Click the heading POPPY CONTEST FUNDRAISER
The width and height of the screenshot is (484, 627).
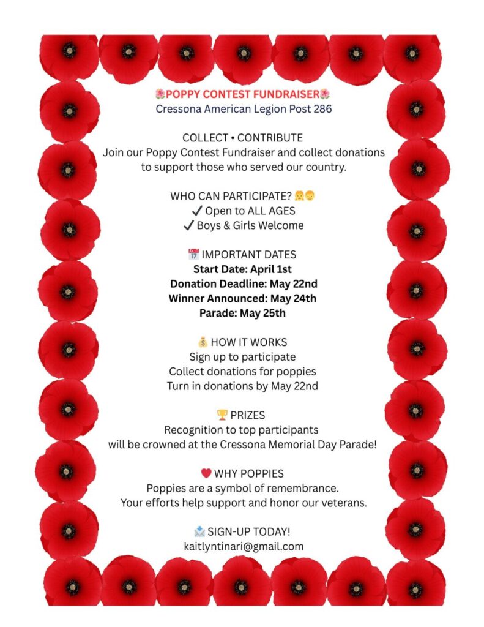[243, 94]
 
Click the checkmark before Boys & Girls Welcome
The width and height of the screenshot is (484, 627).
[189, 225]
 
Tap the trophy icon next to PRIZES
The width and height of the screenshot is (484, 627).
[222, 415]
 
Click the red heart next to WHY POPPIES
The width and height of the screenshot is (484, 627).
[206, 473]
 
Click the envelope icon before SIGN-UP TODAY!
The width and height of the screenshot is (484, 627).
[199, 531]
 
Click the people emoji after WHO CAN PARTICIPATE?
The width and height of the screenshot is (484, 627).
[305, 196]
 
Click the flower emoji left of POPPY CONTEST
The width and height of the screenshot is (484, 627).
[160, 94]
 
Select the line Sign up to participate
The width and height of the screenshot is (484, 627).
[242, 356]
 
